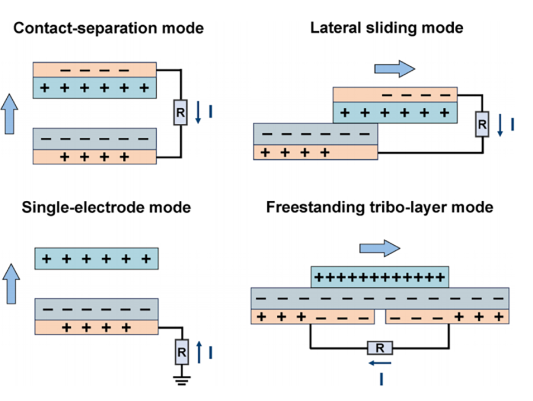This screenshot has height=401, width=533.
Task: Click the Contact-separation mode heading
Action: click(x=108, y=28)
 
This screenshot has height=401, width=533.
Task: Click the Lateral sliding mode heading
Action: click(x=387, y=27)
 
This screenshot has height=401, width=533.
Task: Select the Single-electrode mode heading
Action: click(x=106, y=208)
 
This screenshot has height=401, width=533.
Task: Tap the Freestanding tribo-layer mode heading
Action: click(x=380, y=207)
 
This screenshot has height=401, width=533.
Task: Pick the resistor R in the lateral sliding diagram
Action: click(x=482, y=124)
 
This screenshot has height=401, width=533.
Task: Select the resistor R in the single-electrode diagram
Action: click(x=182, y=352)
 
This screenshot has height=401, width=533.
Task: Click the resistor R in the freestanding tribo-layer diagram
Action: click(x=380, y=349)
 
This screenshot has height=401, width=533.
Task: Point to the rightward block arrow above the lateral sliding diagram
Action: click(x=394, y=68)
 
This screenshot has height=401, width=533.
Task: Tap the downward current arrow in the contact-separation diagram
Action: click(x=198, y=113)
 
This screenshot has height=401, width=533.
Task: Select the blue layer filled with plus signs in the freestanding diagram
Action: click(x=380, y=276)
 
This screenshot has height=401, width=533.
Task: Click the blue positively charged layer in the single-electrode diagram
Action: click(x=97, y=259)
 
